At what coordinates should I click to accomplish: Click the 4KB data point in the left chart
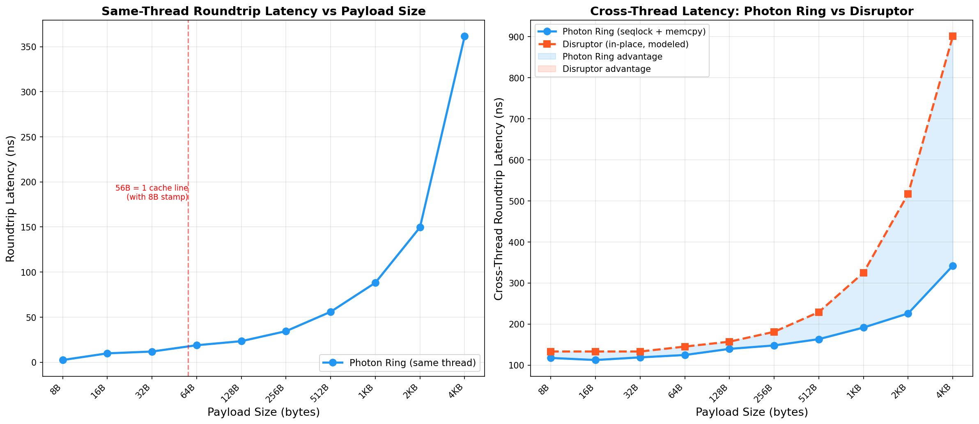pos(464,37)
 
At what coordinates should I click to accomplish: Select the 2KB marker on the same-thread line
pos(420,227)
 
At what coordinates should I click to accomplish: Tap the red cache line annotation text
pos(152,193)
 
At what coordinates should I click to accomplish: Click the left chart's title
pos(263,11)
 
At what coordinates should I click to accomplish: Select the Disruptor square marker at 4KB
pos(953,37)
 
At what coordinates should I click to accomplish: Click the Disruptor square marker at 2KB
pos(908,194)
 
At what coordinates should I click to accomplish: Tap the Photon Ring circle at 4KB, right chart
pos(953,266)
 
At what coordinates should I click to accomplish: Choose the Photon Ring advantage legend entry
pos(612,57)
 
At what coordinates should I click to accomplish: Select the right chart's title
pos(751,11)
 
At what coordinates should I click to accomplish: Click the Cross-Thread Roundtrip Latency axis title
pos(499,198)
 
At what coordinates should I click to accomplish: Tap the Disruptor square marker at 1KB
pos(863,273)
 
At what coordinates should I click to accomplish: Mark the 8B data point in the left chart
pos(63,360)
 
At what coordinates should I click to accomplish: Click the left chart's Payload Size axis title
pos(263,412)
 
